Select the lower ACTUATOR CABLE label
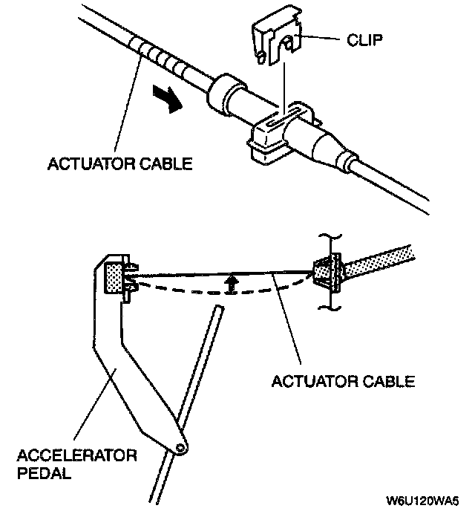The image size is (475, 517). click(x=343, y=383)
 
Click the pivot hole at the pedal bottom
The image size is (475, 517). click(x=180, y=447)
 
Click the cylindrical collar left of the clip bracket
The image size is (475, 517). click(x=226, y=96)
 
